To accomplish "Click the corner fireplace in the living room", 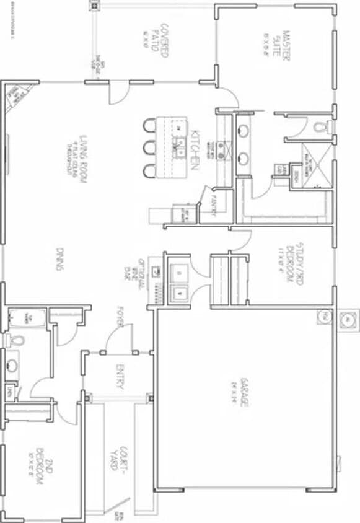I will click(x=13, y=97).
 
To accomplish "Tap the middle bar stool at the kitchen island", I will click(x=148, y=148).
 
